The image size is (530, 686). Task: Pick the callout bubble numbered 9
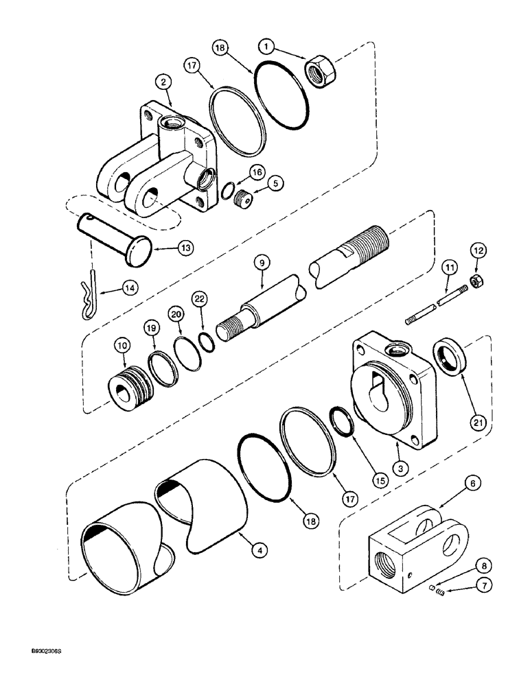(x=260, y=261)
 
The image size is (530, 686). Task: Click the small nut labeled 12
(x=475, y=279)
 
